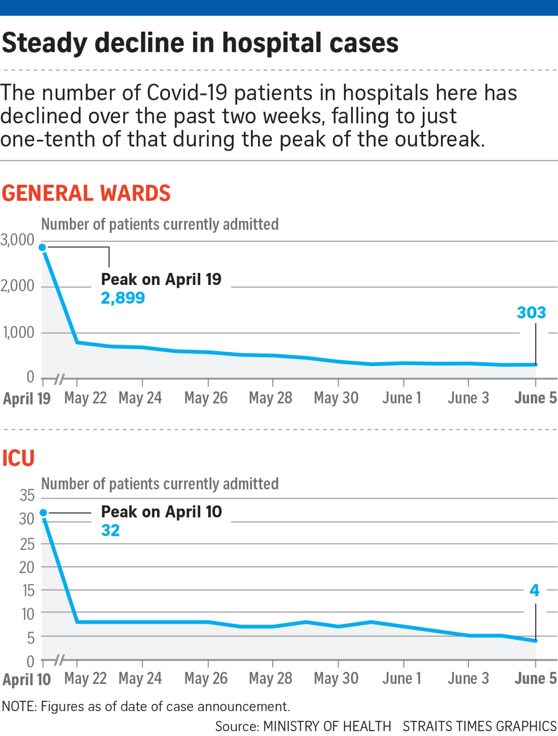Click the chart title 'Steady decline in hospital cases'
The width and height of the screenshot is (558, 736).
coord(200,43)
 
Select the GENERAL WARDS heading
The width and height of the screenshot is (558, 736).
coord(86,193)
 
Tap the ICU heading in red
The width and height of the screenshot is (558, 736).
coord(18,458)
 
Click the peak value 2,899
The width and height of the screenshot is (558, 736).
coord(123,298)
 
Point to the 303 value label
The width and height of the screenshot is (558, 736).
coord(531,313)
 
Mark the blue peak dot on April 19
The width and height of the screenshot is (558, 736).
coord(43,248)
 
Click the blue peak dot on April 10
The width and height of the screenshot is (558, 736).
coord(43,512)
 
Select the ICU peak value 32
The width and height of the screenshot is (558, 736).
coord(110,530)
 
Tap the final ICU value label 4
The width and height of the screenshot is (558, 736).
coord(534,590)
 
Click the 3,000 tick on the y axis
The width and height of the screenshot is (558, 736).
coord(17,240)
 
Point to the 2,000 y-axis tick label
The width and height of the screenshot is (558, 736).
coord(17,286)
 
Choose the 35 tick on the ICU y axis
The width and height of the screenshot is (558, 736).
coord(27,495)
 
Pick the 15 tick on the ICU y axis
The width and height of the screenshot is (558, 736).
coord(28,591)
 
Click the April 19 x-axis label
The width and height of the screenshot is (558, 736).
coord(27,399)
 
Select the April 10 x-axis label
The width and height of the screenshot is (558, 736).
coord(27,679)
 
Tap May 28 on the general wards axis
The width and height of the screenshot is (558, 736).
coord(271,398)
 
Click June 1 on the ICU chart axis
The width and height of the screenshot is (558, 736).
coord(402,679)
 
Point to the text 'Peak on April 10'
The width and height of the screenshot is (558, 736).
coord(161,512)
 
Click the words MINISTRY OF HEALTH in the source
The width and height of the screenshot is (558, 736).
coord(327,726)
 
